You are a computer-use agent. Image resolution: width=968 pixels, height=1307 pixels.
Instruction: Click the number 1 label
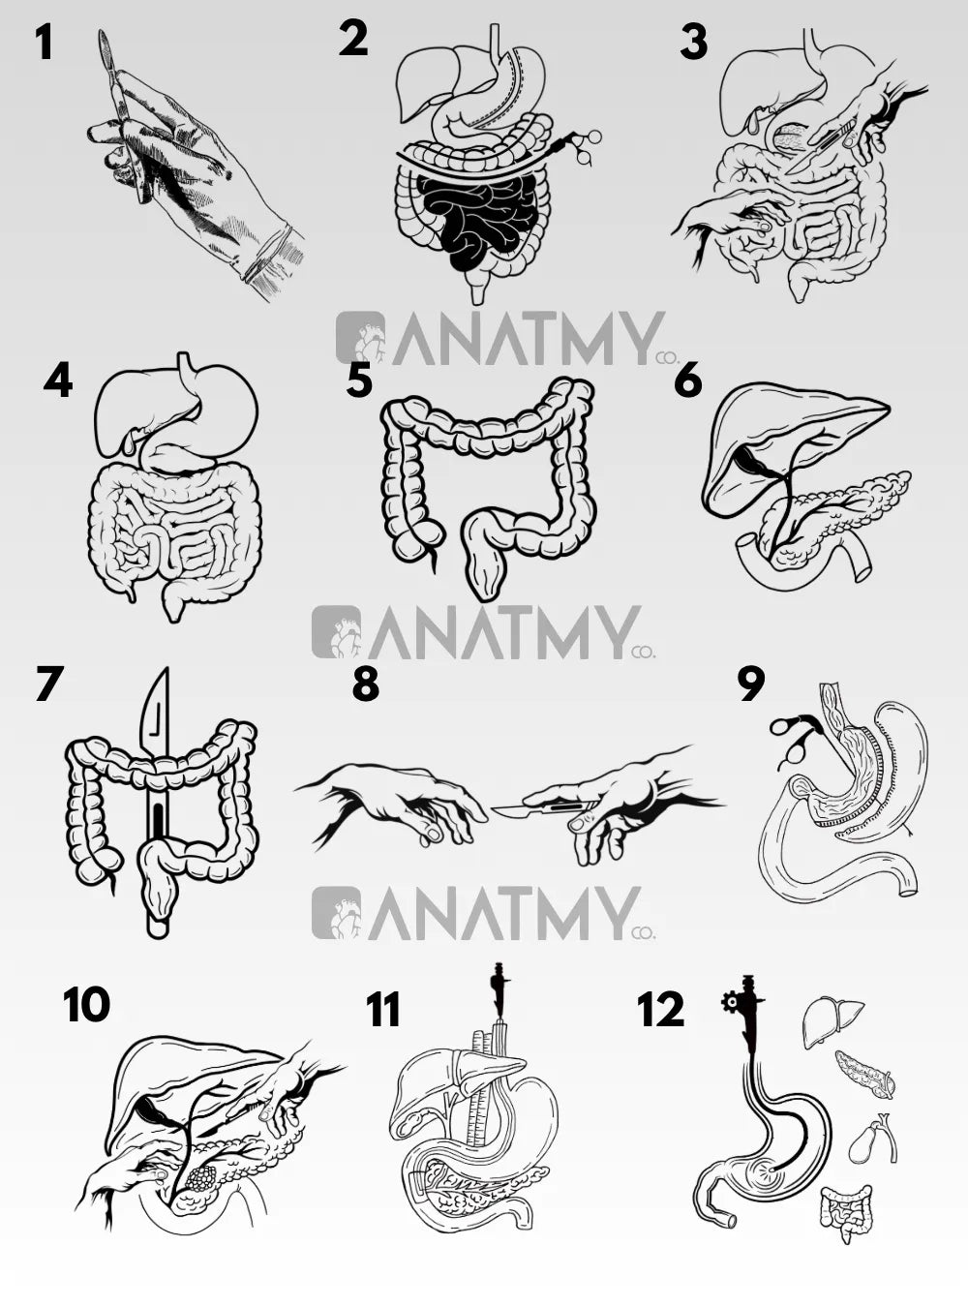click(x=45, y=44)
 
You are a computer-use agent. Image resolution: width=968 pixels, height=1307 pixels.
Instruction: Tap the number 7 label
click(x=49, y=684)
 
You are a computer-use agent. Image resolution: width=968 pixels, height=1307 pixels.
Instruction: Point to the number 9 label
click(x=751, y=684)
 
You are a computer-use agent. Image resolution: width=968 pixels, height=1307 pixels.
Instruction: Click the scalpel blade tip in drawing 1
click(x=102, y=32)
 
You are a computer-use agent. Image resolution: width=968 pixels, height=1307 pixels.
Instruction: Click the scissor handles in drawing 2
click(x=584, y=145)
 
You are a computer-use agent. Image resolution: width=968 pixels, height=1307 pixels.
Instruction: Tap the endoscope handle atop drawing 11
click(x=499, y=986)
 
